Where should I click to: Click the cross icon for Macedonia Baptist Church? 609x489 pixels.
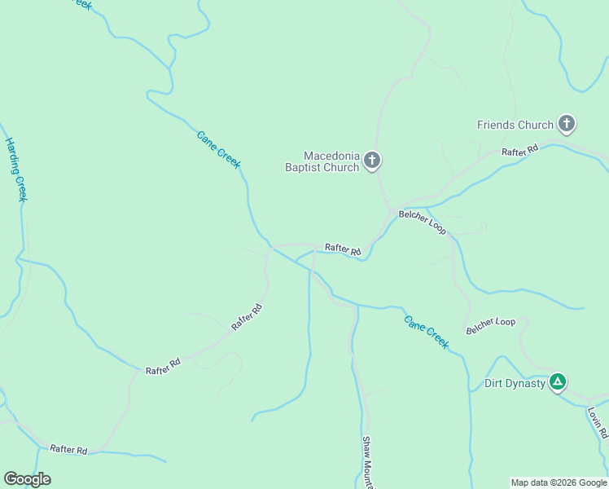click(372, 161)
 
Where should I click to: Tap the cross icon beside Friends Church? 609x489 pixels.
click(567, 125)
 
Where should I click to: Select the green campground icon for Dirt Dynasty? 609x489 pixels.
click(558, 382)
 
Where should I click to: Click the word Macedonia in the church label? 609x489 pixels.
click(331, 156)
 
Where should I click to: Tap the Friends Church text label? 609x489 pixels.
click(515, 126)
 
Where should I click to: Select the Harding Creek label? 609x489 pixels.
click(17, 169)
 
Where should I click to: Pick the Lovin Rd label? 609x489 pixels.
click(597, 423)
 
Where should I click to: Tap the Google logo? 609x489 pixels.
click(27, 479)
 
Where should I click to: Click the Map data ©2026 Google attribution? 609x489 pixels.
click(559, 482)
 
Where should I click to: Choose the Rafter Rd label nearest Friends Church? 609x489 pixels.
click(520, 151)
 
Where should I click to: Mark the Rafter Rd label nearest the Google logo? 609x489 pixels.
click(68, 449)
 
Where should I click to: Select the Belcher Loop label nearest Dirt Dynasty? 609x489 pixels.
click(491, 327)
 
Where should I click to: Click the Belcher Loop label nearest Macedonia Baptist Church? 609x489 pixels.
click(422, 222)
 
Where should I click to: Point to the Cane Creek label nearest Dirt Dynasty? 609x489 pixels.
click(427, 331)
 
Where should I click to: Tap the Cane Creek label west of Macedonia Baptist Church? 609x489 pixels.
click(219, 149)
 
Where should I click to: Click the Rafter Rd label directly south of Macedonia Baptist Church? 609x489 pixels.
click(343, 249)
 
